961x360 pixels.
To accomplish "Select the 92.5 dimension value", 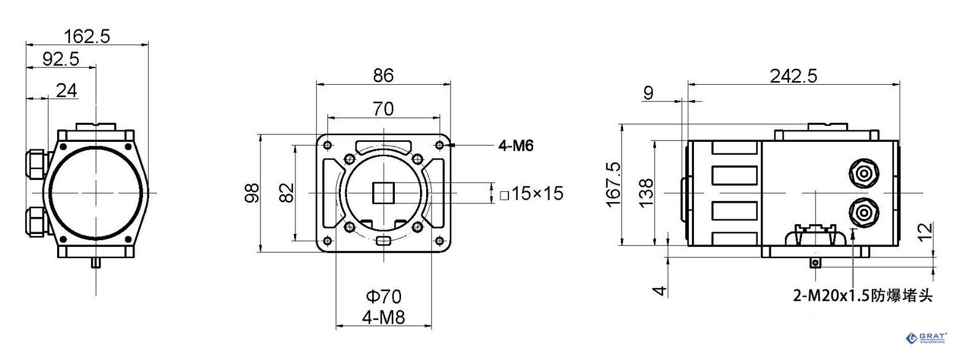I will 61,59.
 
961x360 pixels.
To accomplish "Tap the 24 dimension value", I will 66,90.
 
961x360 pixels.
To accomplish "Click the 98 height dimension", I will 252,192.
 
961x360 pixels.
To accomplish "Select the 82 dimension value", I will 286,192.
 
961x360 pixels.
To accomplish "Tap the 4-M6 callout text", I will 515,146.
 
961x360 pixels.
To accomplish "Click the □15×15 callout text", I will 531,194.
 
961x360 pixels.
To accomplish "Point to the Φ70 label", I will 383,297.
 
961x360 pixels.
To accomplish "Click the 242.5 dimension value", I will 793,76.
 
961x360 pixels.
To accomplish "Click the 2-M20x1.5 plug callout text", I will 863,296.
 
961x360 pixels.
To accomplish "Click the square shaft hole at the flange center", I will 383,192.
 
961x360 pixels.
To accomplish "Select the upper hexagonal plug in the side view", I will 864,173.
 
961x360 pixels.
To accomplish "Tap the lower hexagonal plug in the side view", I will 864,213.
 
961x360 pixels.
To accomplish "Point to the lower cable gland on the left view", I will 37,221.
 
